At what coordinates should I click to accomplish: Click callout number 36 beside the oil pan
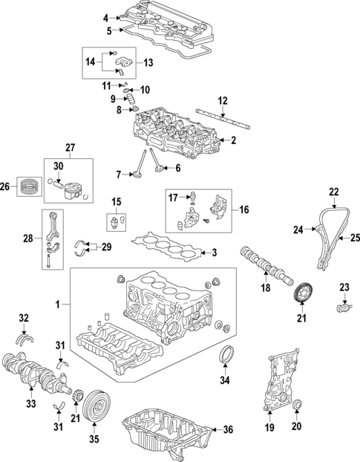click(229, 429)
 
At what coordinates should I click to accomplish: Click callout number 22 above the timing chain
click(334, 192)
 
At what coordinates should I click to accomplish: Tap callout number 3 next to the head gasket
click(214, 253)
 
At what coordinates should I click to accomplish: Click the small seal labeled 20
click(298, 405)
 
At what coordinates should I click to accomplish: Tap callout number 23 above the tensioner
click(344, 287)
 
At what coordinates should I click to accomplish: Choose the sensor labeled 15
click(115, 222)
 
